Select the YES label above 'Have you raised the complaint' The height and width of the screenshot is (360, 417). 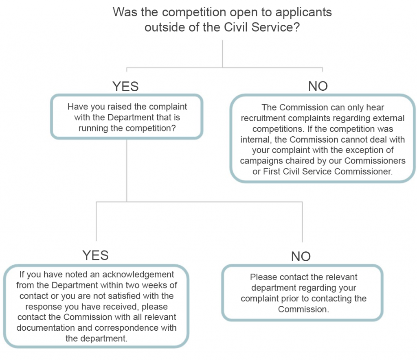pyautogui.click(x=125, y=87)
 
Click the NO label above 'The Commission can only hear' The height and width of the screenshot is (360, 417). pyautogui.click(x=318, y=86)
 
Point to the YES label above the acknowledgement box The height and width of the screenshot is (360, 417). pyautogui.click(x=96, y=255)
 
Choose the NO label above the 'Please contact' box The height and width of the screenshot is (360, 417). pyautogui.click(x=301, y=256)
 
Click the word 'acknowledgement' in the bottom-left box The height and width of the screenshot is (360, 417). pyautogui.click(x=142, y=275)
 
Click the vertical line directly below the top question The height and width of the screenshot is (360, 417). pyautogui.click(x=222, y=53)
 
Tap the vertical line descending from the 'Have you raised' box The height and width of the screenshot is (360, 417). pyautogui.click(x=127, y=171)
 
